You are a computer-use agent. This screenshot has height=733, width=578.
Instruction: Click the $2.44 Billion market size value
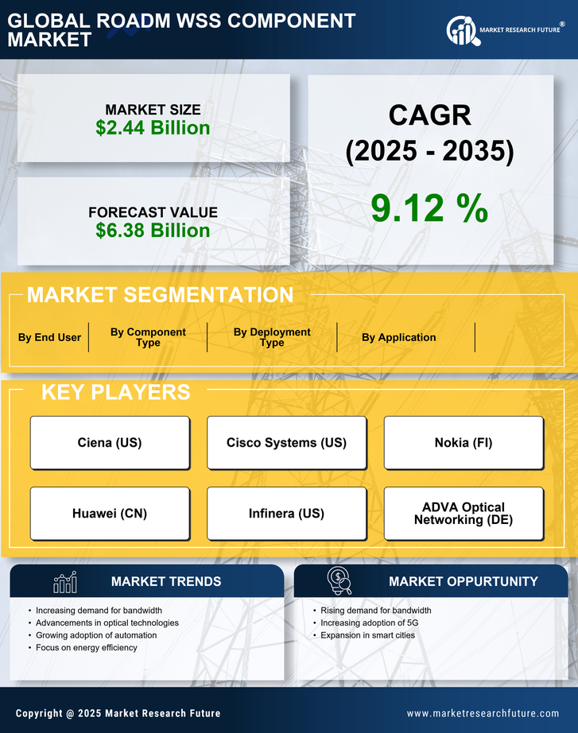click(153, 128)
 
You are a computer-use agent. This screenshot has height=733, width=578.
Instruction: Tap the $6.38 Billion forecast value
click(153, 231)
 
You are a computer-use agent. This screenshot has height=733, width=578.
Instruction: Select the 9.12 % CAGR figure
click(429, 208)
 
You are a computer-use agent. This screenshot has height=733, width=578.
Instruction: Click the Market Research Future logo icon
click(462, 30)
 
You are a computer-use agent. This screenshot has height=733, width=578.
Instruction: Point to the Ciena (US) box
click(110, 443)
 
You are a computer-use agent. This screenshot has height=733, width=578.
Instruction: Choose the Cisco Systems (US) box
click(286, 443)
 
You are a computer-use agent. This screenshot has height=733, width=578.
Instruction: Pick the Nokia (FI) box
click(464, 443)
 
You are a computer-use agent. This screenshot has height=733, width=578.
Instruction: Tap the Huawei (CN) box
click(110, 514)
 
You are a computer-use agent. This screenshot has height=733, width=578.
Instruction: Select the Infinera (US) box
click(286, 514)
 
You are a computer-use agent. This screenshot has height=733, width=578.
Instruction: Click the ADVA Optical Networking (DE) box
click(464, 514)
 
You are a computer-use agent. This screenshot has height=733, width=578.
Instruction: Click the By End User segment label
click(49, 337)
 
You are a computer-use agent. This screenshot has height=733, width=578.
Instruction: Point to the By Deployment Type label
click(272, 337)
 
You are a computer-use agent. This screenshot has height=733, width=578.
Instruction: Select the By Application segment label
click(398, 337)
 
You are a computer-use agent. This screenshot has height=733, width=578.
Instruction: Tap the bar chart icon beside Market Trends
click(64, 582)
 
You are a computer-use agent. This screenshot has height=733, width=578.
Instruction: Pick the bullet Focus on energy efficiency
click(86, 648)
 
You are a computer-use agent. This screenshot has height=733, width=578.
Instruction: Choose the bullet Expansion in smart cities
click(367, 635)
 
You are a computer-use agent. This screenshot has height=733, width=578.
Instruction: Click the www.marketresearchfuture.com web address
click(483, 713)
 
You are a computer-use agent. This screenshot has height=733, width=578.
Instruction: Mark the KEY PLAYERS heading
click(115, 392)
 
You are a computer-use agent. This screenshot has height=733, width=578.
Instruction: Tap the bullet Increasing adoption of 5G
click(368, 622)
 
